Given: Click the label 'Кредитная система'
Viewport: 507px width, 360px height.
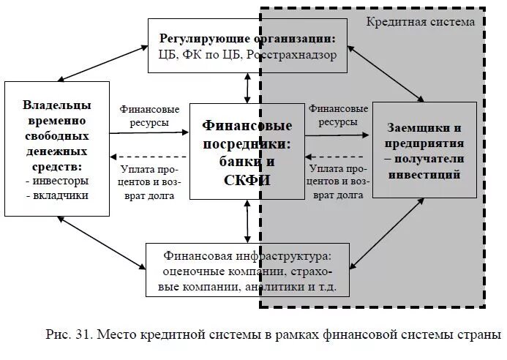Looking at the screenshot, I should pos(420,22).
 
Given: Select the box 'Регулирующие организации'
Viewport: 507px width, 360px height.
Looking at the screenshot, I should pos(247,45).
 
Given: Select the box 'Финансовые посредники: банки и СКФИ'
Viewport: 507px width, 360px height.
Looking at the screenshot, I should pos(247,151).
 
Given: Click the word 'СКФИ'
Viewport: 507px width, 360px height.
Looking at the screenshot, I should pos(247,180).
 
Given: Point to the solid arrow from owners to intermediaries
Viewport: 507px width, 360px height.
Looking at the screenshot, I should pos(149,133).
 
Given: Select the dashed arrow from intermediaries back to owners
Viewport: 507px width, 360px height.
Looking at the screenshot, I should pos(149,157).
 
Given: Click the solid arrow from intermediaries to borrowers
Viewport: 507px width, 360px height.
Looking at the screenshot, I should pos(337,135).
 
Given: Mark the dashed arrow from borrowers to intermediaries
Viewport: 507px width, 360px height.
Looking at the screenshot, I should pos(337,156).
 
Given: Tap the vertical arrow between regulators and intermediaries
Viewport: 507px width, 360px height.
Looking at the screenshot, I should pos(247,88).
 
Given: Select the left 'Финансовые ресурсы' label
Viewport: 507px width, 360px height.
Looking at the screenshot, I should pos(149,116).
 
